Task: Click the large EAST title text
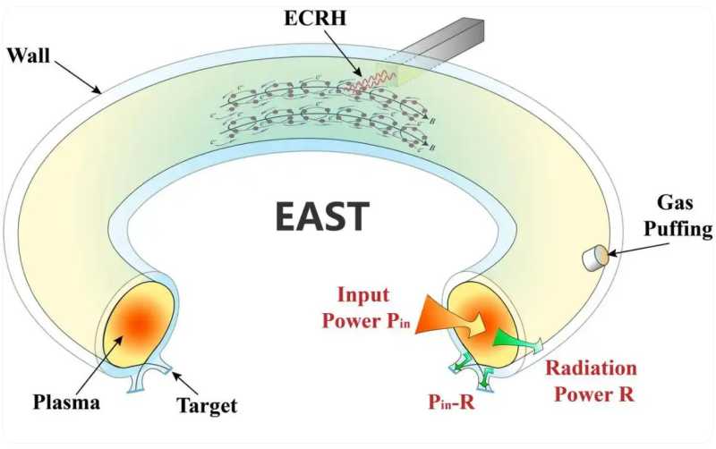point(321,217)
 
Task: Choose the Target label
point(208,406)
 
